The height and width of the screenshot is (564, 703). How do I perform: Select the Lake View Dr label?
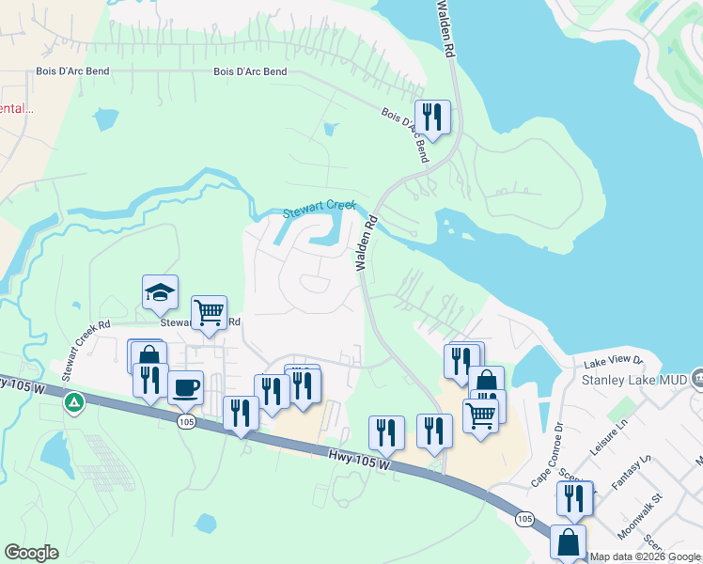coord(613,360)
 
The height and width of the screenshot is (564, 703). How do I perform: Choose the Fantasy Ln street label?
coord(631,472)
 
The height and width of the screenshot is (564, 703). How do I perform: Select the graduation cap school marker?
coord(160,292)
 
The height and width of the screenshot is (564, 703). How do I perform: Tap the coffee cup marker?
coord(185,385)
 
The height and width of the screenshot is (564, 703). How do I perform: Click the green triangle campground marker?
coord(72,402)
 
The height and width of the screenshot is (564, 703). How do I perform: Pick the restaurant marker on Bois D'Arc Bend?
coord(432,117)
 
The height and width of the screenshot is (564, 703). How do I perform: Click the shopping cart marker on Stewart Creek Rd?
coord(209,312)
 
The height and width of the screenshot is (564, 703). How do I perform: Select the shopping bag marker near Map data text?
coord(569,542)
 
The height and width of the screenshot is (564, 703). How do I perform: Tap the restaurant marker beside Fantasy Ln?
coord(574,497)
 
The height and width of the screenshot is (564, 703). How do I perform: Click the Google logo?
coord(31,553)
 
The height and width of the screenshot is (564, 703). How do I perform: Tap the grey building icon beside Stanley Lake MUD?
coord(696,378)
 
